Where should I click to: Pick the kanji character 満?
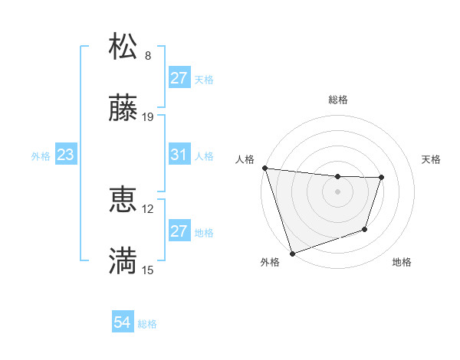[123, 261]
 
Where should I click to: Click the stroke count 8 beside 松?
[148, 56]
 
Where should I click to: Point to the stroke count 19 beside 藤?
[149, 117]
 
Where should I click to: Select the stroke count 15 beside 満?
[149, 270]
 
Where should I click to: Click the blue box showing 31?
[179, 155]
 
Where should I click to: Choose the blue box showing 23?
[66, 155]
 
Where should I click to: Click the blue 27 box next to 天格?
[179, 78]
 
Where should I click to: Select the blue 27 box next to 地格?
[179, 231]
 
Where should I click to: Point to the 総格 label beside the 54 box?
[148, 324]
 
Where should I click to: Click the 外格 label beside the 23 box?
[41, 155]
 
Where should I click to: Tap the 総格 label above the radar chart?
[338, 100]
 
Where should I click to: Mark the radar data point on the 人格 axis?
[264, 168]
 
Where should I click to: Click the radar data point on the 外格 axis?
[292, 254]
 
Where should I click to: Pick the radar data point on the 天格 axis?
[381, 178]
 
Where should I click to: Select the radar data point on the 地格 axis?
[365, 229]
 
